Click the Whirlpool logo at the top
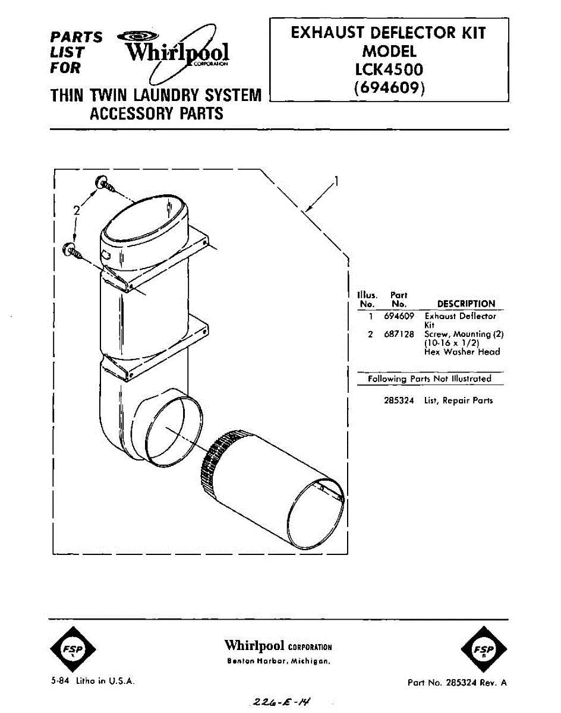click(x=176, y=53)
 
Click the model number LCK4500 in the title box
click(x=389, y=70)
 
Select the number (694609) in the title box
click(x=389, y=88)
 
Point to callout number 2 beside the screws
click(x=76, y=210)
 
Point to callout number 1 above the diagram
click(x=337, y=182)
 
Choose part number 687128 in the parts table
click(x=399, y=335)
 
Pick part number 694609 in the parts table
click(x=399, y=317)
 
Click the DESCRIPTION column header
click(x=466, y=304)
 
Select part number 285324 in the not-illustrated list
click(x=399, y=400)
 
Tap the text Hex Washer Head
click(x=462, y=352)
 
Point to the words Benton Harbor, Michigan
click(x=278, y=661)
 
